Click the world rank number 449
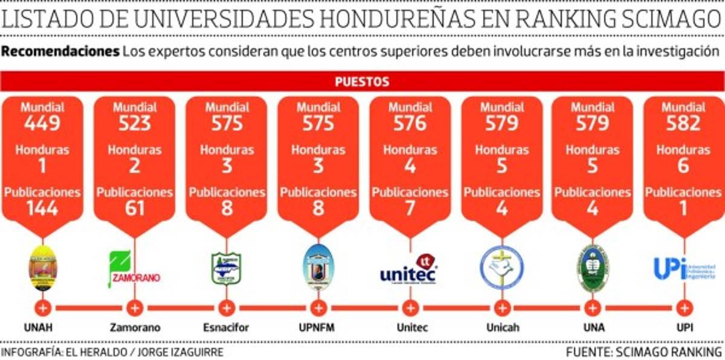42,124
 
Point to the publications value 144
42,208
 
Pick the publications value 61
135,208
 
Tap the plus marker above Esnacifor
227,308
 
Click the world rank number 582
683,124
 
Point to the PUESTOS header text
362,82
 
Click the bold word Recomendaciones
60,51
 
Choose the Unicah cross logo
501,268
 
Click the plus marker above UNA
593,308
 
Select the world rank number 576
410,124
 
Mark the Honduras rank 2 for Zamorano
135,166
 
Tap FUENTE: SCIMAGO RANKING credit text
644,352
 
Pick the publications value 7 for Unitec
410,208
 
